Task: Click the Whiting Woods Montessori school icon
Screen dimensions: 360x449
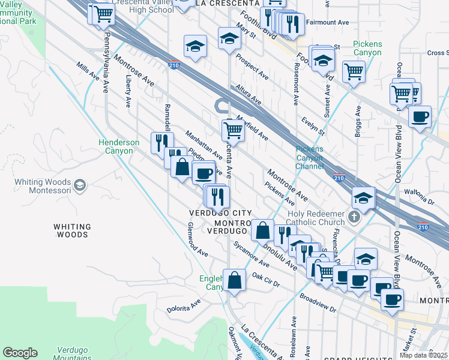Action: [80, 185]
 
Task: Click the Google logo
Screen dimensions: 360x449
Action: [20, 353]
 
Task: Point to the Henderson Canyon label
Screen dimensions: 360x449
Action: [119, 146]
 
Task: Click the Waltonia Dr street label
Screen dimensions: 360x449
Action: [419, 194]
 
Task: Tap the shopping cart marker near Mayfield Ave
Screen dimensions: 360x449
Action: [233, 130]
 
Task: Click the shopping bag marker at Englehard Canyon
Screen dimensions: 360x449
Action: [234, 279]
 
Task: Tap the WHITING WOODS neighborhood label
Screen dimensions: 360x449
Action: [72, 230]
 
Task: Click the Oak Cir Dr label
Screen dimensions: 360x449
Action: [266, 280]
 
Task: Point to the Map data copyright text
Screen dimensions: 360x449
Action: [424, 355]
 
